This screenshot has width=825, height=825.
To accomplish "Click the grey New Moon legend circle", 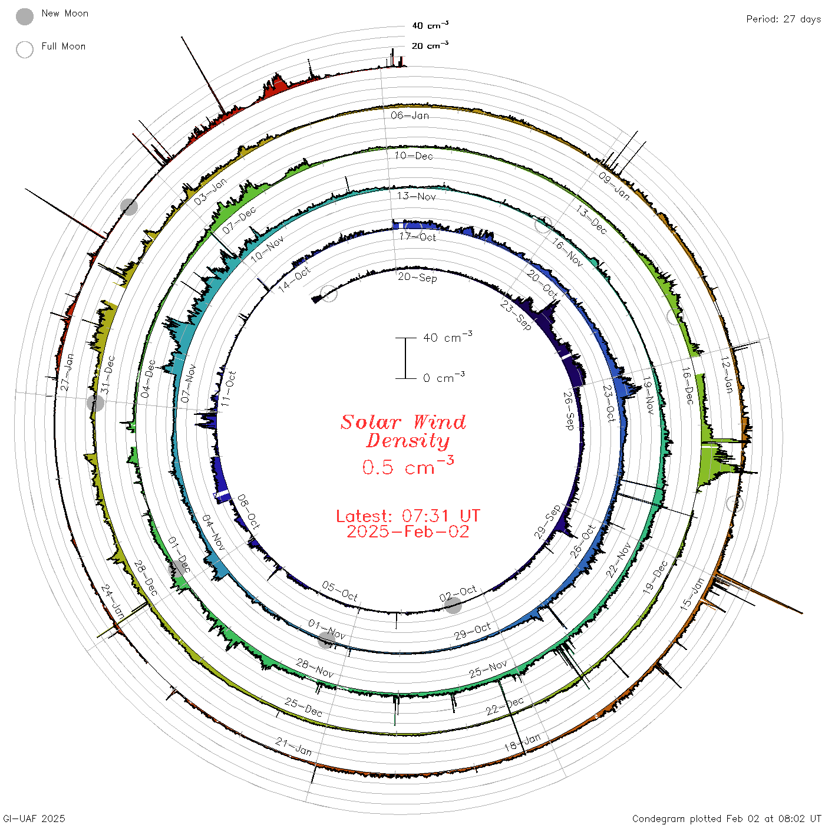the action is [x=25, y=16].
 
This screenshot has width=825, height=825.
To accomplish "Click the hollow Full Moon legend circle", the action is [x=25, y=49].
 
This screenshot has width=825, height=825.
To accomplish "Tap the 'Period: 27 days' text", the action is [x=783, y=19].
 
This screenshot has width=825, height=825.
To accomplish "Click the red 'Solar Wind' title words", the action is [x=403, y=422].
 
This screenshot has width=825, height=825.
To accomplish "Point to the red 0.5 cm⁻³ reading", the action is [x=408, y=466].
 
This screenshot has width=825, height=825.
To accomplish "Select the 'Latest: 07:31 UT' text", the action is [x=408, y=516].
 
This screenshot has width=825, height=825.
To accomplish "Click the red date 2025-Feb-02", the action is [x=408, y=532].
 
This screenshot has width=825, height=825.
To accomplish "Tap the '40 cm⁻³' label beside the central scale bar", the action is [x=448, y=337].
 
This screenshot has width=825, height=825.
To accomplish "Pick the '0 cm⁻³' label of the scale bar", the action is [x=444, y=377].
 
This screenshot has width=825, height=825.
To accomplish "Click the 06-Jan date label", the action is [x=410, y=115].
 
